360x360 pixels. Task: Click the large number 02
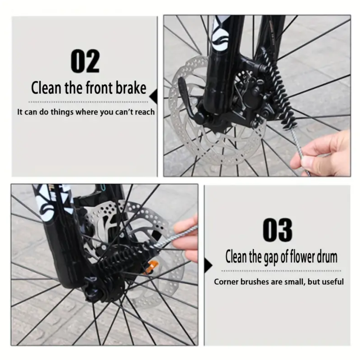click(x=85, y=61)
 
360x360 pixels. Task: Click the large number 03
click(x=278, y=230)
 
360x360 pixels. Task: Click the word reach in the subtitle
click(x=145, y=112)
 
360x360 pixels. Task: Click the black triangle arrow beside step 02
click(x=153, y=96)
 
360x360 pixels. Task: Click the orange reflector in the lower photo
click(x=151, y=266)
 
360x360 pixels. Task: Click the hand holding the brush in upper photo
click(x=321, y=153)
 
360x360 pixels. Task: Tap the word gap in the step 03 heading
click(x=271, y=257)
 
